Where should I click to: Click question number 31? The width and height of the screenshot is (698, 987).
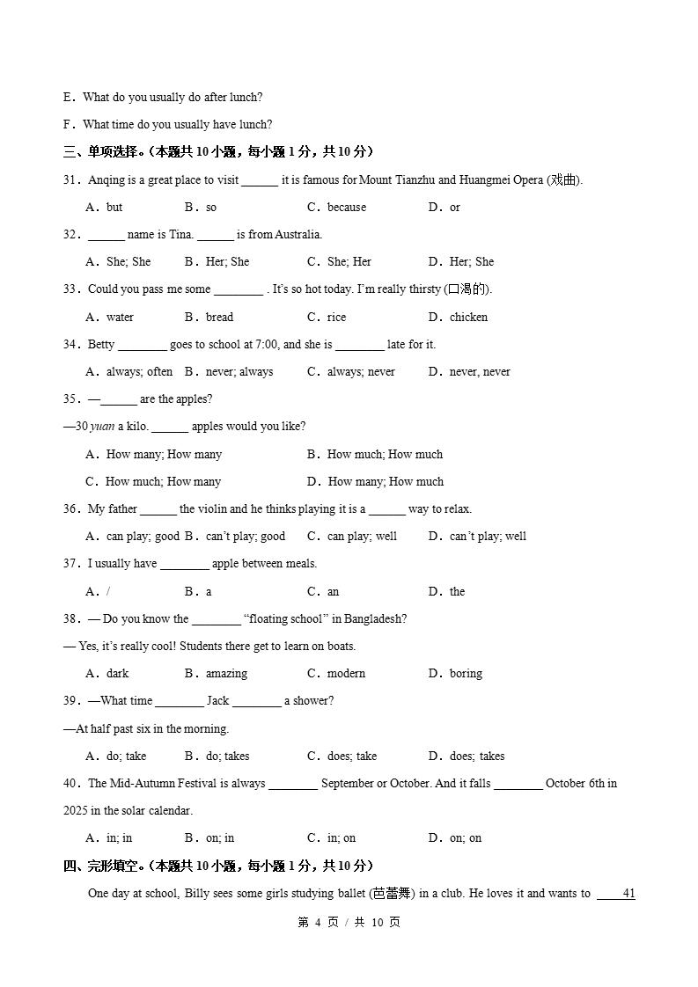71,180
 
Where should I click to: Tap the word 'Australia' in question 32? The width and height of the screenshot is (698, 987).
298,235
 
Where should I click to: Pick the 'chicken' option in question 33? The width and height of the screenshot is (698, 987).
468,318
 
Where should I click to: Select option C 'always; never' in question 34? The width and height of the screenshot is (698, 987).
361,372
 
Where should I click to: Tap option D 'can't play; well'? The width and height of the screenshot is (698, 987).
488,537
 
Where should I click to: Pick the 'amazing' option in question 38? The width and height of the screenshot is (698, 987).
226,674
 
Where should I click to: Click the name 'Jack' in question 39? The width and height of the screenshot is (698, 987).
217,701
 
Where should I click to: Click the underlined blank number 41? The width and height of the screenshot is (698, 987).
628,894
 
